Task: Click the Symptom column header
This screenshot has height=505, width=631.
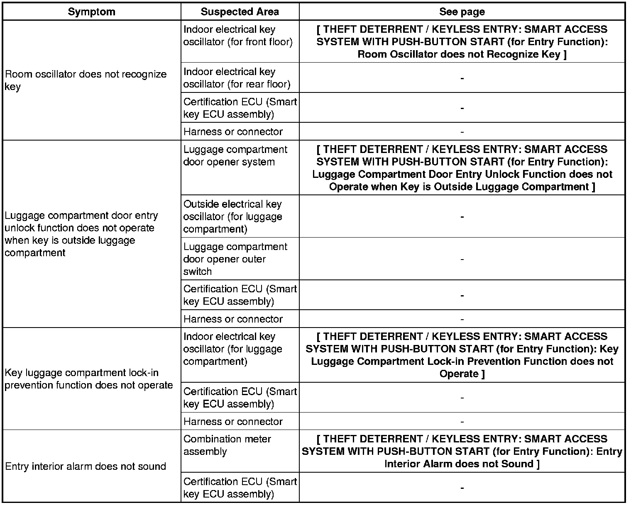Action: click(x=91, y=12)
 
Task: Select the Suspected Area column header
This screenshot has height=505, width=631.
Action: click(x=240, y=12)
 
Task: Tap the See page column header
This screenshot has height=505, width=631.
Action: click(x=462, y=12)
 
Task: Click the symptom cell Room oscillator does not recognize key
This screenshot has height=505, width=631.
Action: click(x=86, y=80)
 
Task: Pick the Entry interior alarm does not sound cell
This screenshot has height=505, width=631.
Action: click(x=86, y=466)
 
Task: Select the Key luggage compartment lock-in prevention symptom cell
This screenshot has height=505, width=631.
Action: click(x=88, y=379)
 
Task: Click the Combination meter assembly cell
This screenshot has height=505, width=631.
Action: click(x=227, y=445)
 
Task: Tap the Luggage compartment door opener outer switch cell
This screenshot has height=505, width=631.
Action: click(x=235, y=259)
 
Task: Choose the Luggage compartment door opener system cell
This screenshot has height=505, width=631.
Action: click(x=235, y=155)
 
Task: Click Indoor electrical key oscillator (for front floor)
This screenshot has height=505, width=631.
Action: click(x=238, y=36)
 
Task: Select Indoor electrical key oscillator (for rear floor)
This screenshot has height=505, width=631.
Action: click(x=237, y=78)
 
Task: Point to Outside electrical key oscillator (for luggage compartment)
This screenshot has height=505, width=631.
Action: click(x=232, y=216)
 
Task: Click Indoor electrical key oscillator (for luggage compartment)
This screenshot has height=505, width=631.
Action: click(x=232, y=349)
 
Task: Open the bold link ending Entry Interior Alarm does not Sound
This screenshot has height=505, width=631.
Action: click(x=462, y=452)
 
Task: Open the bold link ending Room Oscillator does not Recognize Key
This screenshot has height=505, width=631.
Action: click(x=462, y=41)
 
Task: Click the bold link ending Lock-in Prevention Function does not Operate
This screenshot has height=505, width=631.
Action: click(x=462, y=355)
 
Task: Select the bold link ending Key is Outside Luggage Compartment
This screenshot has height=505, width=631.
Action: click(x=462, y=168)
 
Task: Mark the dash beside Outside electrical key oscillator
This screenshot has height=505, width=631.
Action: click(x=462, y=217)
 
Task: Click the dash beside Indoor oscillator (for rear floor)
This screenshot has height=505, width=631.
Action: click(x=462, y=78)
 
